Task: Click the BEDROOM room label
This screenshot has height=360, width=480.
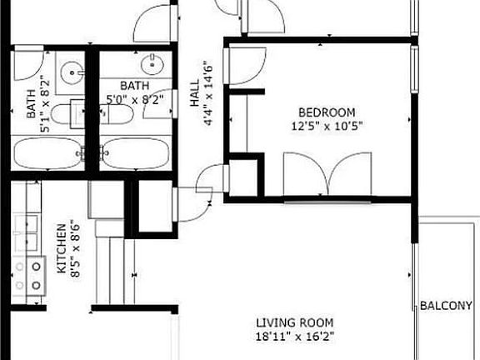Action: pos(327,112)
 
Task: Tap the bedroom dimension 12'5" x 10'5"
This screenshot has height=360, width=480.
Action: pos(327,126)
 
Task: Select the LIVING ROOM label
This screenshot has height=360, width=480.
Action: pos(294,323)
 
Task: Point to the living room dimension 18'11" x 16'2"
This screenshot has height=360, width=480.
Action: pos(294,337)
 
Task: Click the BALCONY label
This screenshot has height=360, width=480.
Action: pos(450,306)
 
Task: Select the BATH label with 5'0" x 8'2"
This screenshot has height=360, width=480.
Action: pos(134,86)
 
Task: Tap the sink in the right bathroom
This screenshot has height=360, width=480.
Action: pos(152,62)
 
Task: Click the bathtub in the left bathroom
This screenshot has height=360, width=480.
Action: pos(48,152)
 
